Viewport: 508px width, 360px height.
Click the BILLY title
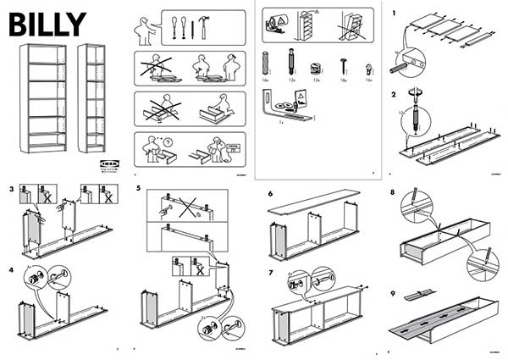coord(46,24)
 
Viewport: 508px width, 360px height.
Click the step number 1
coord(393,14)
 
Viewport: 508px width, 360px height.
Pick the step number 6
coord(269,194)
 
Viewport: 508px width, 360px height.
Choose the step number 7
coord(269,272)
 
